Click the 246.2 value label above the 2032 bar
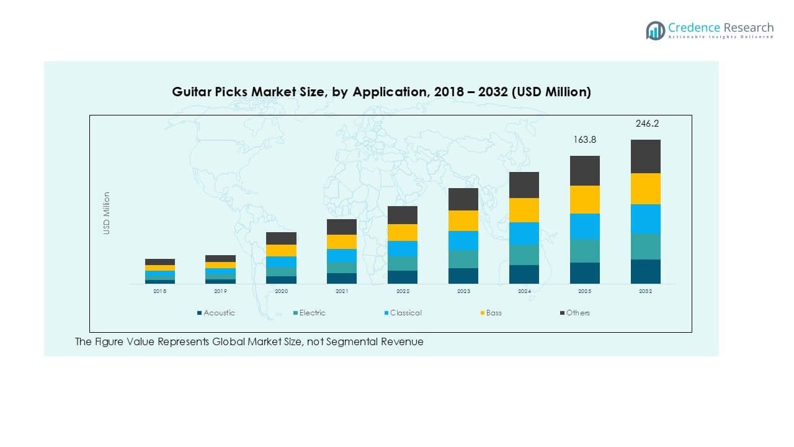pyautogui.click(x=647, y=124)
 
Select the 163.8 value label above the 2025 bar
pyautogui.click(x=584, y=140)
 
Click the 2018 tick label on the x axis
pyautogui.click(x=160, y=291)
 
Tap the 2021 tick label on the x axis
pyautogui.click(x=342, y=291)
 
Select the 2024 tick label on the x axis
pyautogui.click(x=524, y=291)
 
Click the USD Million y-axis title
pyautogui.click(x=107, y=213)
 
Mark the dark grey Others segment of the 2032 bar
pyautogui.click(x=646, y=156)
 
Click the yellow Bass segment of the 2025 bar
pyautogui.click(x=585, y=199)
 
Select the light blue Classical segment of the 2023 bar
pyautogui.click(x=463, y=241)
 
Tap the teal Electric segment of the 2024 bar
pyautogui.click(x=524, y=255)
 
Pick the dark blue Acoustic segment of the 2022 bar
pyautogui.click(x=403, y=277)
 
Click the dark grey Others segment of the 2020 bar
pyautogui.click(x=281, y=238)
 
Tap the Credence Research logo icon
pyautogui.click(x=655, y=30)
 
